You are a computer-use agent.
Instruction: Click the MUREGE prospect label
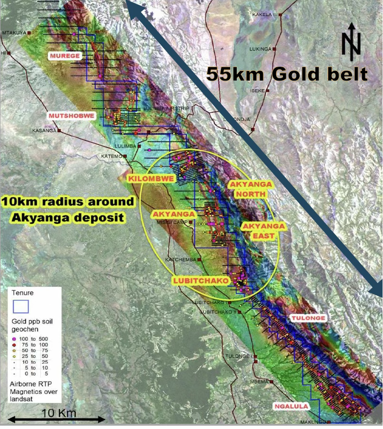tap(66, 56)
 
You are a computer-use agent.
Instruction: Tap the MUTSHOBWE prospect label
tap(71, 116)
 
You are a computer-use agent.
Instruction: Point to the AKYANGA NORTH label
tap(250, 189)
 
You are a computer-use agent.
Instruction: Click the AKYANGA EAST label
tap(263, 231)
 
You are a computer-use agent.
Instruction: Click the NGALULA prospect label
tap(291, 407)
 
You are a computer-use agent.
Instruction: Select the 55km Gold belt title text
tap(287, 74)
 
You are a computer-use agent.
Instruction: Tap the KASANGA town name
tap(44, 130)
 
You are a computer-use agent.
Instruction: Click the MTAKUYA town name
tap(14, 32)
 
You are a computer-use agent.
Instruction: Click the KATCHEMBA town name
tap(181, 259)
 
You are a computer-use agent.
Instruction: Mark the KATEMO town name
tap(111, 156)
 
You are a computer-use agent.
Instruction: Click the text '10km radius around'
tap(68, 202)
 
